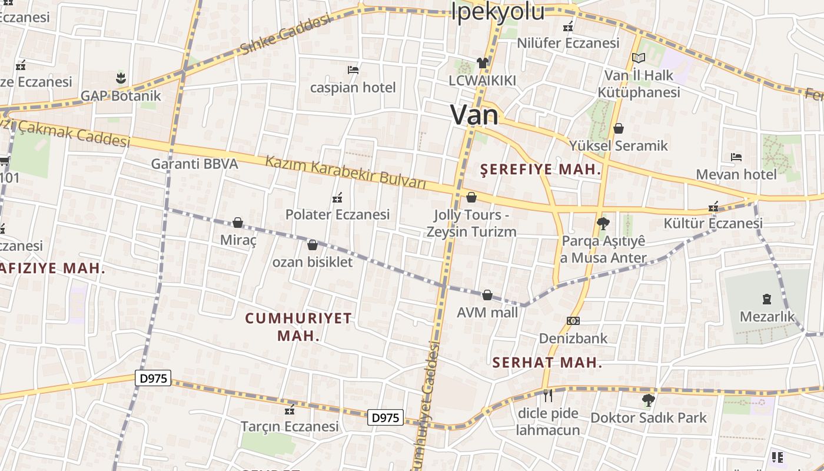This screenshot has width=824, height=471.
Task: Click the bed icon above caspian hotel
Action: pos(353,70)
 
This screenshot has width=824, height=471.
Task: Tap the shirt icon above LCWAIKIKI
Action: pos(483,63)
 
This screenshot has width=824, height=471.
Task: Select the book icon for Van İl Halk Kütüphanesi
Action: pos(639,58)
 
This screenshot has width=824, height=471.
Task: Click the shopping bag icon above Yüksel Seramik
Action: pos(619,128)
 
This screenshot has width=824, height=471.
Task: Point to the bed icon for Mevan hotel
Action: pos(736,157)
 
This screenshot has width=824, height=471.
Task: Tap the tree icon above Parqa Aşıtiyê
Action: pos(603,223)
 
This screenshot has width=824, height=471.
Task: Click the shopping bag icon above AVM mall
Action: pos(487,294)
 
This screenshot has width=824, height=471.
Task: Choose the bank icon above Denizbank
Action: pos(573,321)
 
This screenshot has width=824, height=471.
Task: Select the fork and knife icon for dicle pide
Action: pos(548,396)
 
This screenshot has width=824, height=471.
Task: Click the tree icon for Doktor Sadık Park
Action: pos(648,400)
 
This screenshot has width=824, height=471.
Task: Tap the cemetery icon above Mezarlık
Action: pos(767,299)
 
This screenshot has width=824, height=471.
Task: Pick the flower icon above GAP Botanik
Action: pos(121,78)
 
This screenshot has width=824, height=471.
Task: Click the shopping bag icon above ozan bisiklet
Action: pos(313,244)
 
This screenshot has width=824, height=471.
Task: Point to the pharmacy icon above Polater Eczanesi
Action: pos(337,197)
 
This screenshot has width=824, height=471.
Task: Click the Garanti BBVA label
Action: pos(195,164)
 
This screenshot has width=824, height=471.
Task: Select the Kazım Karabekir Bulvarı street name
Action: pos(345,171)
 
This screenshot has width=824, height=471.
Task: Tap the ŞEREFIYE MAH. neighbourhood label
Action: pos(541,170)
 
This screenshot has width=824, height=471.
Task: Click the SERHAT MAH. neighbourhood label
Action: pos(547,363)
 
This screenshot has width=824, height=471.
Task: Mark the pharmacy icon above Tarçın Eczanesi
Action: pos(289,409)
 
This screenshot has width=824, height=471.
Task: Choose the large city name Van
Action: pos(474,114)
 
